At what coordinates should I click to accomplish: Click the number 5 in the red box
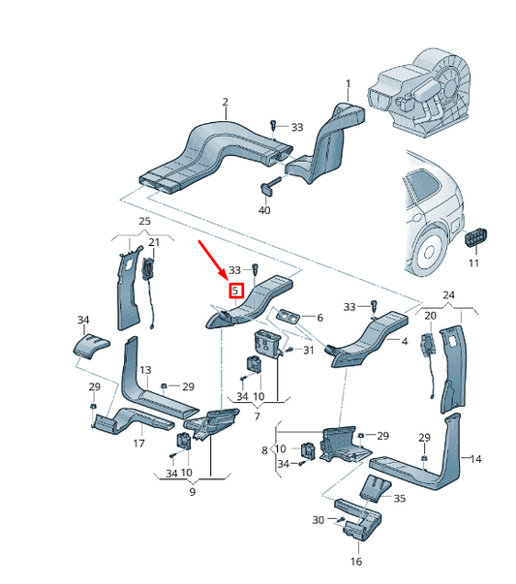[235, 291]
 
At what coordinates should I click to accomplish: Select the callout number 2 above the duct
[225, 102]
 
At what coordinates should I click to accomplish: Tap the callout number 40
[264, 209]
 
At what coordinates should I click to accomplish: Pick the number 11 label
[473, 263]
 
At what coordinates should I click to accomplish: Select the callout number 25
[144, 222]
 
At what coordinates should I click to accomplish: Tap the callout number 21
[153, 240]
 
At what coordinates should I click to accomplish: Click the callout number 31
[310, 351]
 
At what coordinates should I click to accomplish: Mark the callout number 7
[257, 416]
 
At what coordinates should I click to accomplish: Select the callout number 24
[448, 294]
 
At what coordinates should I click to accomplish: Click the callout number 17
[138, 444]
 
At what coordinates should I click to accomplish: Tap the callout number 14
[475, 459]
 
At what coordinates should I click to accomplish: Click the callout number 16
[356, 562]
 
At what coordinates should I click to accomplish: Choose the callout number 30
[318, 521]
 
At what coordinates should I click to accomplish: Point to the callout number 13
[145, 371]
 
